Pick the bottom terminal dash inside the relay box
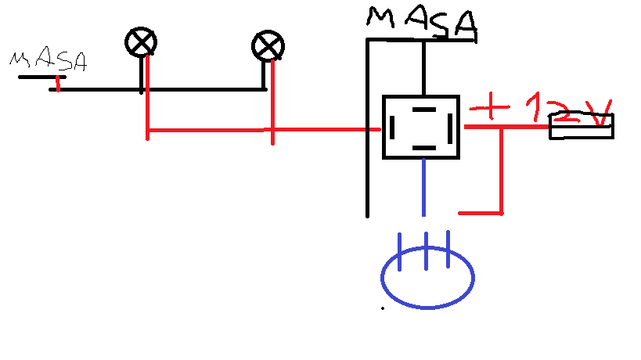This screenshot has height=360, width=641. (423, 146)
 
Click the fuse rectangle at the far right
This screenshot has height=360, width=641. (581, 126)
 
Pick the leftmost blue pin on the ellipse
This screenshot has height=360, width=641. (400, 250)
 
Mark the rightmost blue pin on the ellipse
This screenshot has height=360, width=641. (448, 248)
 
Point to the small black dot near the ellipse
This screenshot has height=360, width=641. (382, 308)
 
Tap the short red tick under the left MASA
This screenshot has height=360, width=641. (58, 83)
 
